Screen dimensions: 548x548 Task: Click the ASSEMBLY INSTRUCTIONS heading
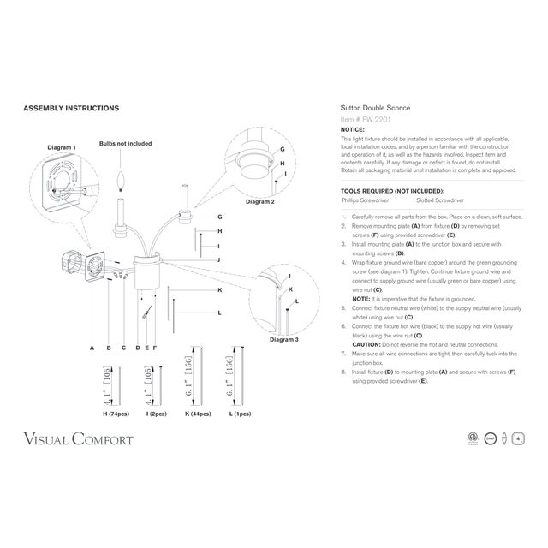70,109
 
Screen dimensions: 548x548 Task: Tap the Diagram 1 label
61,147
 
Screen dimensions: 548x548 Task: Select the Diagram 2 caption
260,202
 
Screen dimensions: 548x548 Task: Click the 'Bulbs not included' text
125,144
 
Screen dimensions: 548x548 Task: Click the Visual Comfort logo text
78,439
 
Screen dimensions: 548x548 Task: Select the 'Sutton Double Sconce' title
375,109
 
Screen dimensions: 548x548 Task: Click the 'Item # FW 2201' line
364,121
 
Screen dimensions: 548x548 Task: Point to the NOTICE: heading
353,129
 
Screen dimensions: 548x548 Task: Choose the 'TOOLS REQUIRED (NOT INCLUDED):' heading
391,191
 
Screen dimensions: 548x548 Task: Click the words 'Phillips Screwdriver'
365,200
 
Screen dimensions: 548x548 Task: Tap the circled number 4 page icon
519,438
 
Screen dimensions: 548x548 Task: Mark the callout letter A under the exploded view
92,348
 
